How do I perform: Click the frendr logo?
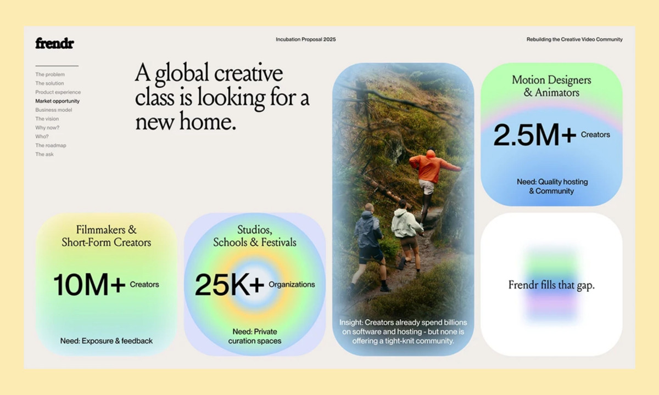(x=54, y=43)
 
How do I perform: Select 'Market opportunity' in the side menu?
(x=57, y=101)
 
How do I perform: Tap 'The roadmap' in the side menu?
(x=51, y=145)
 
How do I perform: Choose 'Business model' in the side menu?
(x=54, y=110)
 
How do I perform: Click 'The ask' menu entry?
(x=44, y=154)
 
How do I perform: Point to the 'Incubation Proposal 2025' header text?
(x=305, y=39)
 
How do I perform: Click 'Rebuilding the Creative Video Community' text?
(x=574, y=39)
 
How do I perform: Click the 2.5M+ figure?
(x=534, y=136)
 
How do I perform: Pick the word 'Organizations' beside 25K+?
(x=292, y=284)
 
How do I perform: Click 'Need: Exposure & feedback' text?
(x=107, y=341)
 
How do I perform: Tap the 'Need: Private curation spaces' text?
(x=255, y=336)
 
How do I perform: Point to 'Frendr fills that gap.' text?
(x=551, y=285)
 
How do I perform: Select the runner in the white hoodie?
(x=406, y=230)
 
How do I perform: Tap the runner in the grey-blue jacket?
(x=369, y=241)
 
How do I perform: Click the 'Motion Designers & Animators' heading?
(x=551, y=86)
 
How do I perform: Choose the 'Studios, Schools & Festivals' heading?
(x=255, y=236)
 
